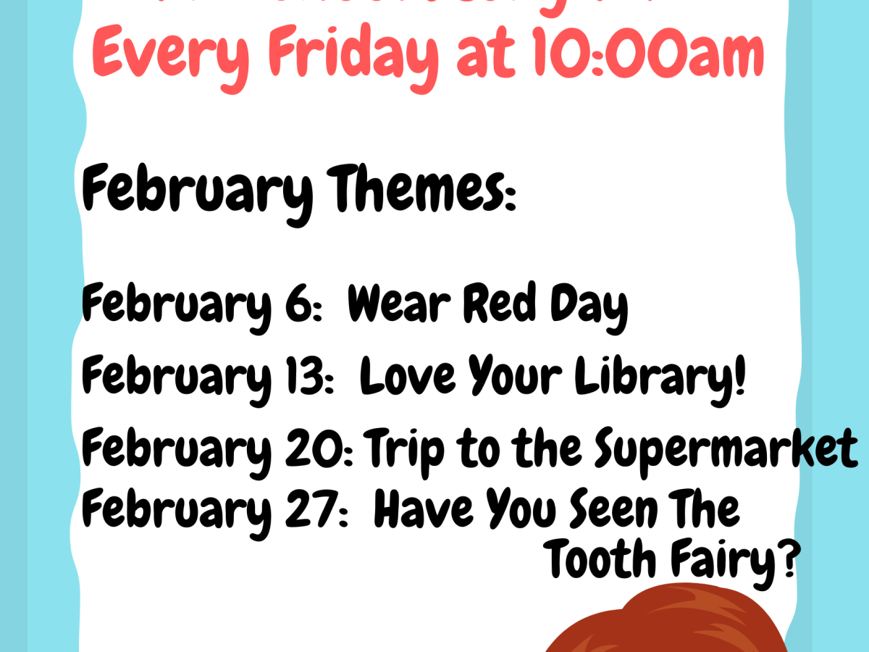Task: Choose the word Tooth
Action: click(x=600, y=559)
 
